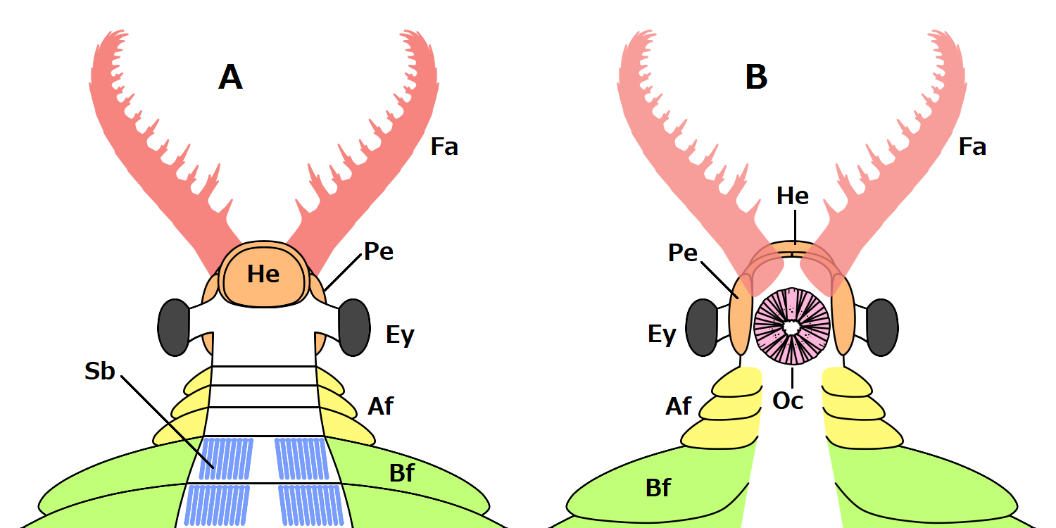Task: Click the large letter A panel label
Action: tap(231, 77)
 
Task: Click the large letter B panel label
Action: tap(756, 77)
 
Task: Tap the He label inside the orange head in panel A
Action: tap(263, 275)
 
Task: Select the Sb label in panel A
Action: tap(100, 372)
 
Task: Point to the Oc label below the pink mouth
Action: tap(789, 400)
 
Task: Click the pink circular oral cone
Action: tap(791, 326)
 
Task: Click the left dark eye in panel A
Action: tap(174, 327)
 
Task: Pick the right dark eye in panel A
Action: tap(354, 327)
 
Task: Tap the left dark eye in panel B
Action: tap(702, 327)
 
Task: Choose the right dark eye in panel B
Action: tap(882, 327)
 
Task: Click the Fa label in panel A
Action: tap(444, 147)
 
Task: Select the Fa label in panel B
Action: tap(972, 147)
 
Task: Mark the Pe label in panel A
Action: tap(378, 251)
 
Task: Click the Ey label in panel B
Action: tap(662, 335)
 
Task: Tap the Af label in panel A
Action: tap(380, 406)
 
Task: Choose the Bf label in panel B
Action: tap(658, 487)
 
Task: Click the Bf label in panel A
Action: tap(402, 473)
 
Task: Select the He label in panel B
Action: tap(793, 196)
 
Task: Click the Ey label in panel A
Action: tap(400, 335)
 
